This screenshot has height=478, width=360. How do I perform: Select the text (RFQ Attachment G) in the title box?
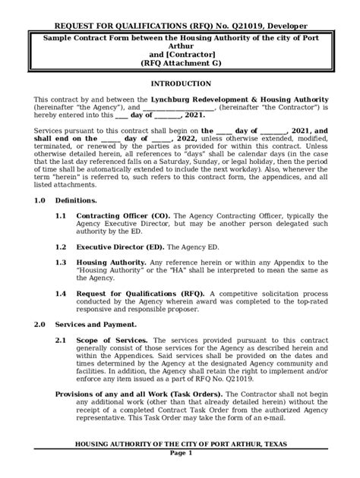(x=179, y=64)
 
